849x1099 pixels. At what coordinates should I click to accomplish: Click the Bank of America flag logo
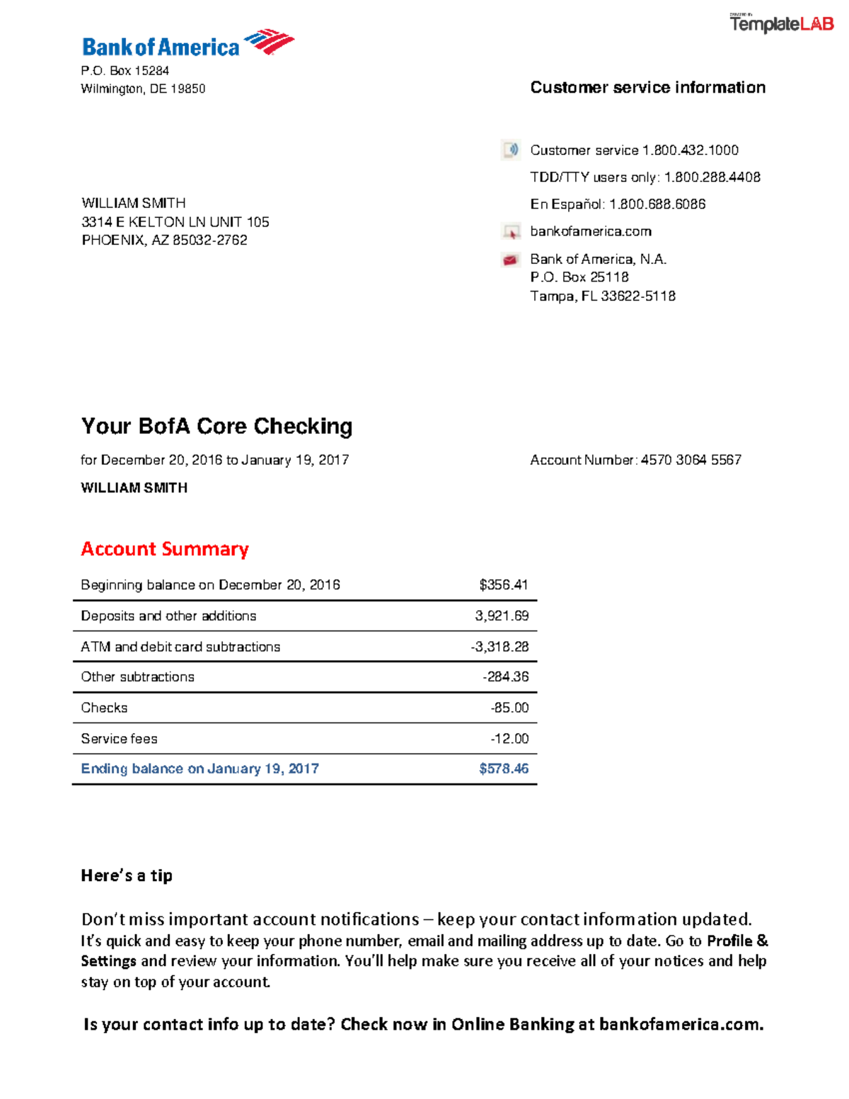coord(269,42)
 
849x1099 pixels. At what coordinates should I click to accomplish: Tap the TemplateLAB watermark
coord(781,24)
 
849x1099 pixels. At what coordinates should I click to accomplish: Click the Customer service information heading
coord(647,88)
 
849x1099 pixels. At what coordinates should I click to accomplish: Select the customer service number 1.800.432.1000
coord(690,150)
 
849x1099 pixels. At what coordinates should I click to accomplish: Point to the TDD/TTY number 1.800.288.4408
coord(712,177)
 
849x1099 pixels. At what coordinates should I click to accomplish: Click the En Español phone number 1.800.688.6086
coord(657,205)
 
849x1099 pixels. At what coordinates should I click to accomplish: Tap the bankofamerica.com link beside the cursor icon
coord(591,231)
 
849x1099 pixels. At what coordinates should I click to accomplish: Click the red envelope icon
coord(510,260)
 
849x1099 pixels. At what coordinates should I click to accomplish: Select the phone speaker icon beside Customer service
coord(510,150)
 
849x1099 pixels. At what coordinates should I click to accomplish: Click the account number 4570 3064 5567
coord(691,460)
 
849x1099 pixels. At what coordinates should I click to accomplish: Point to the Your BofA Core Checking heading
coord(216,426)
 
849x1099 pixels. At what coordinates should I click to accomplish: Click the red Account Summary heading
coord(165,549)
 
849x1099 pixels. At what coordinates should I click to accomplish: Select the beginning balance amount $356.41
coord(503,585)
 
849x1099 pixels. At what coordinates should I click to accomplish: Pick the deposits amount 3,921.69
coord(502,616)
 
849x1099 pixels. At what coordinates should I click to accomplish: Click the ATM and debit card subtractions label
coord(180,647)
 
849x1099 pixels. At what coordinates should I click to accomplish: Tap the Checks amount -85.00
coord(509,708)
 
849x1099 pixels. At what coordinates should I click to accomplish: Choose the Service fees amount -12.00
coord(509,739)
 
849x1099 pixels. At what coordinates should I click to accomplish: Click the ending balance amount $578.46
coord(503,769)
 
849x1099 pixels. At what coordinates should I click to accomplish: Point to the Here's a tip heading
coord(127,875)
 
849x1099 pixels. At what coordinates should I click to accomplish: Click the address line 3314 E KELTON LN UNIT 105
coord(175,222)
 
